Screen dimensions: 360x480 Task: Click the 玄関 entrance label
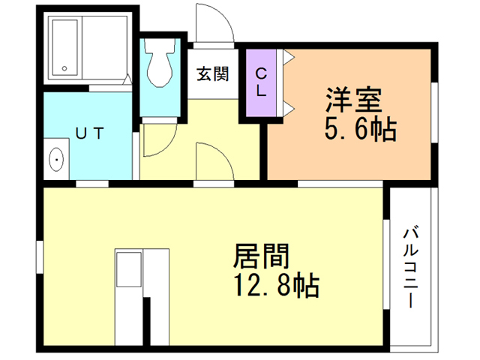[x=213, y=74]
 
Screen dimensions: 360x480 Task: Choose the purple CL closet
[x=260, y=82]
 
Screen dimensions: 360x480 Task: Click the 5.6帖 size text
[x=359, y=130]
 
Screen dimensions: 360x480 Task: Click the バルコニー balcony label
[x=412, y=266]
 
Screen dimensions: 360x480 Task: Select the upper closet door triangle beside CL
[x=289, y=56]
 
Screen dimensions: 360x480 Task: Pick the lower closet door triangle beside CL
[x=289, y=109]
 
